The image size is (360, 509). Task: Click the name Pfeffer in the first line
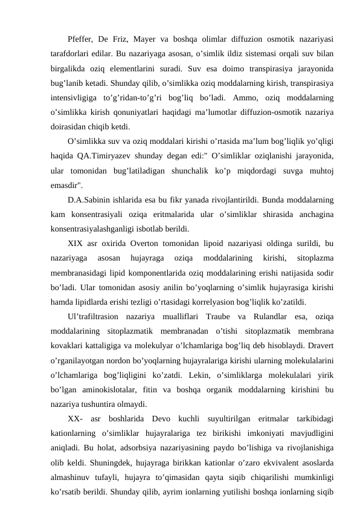tap(82, 39)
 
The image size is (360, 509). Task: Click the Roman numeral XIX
tap(77, 244)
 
